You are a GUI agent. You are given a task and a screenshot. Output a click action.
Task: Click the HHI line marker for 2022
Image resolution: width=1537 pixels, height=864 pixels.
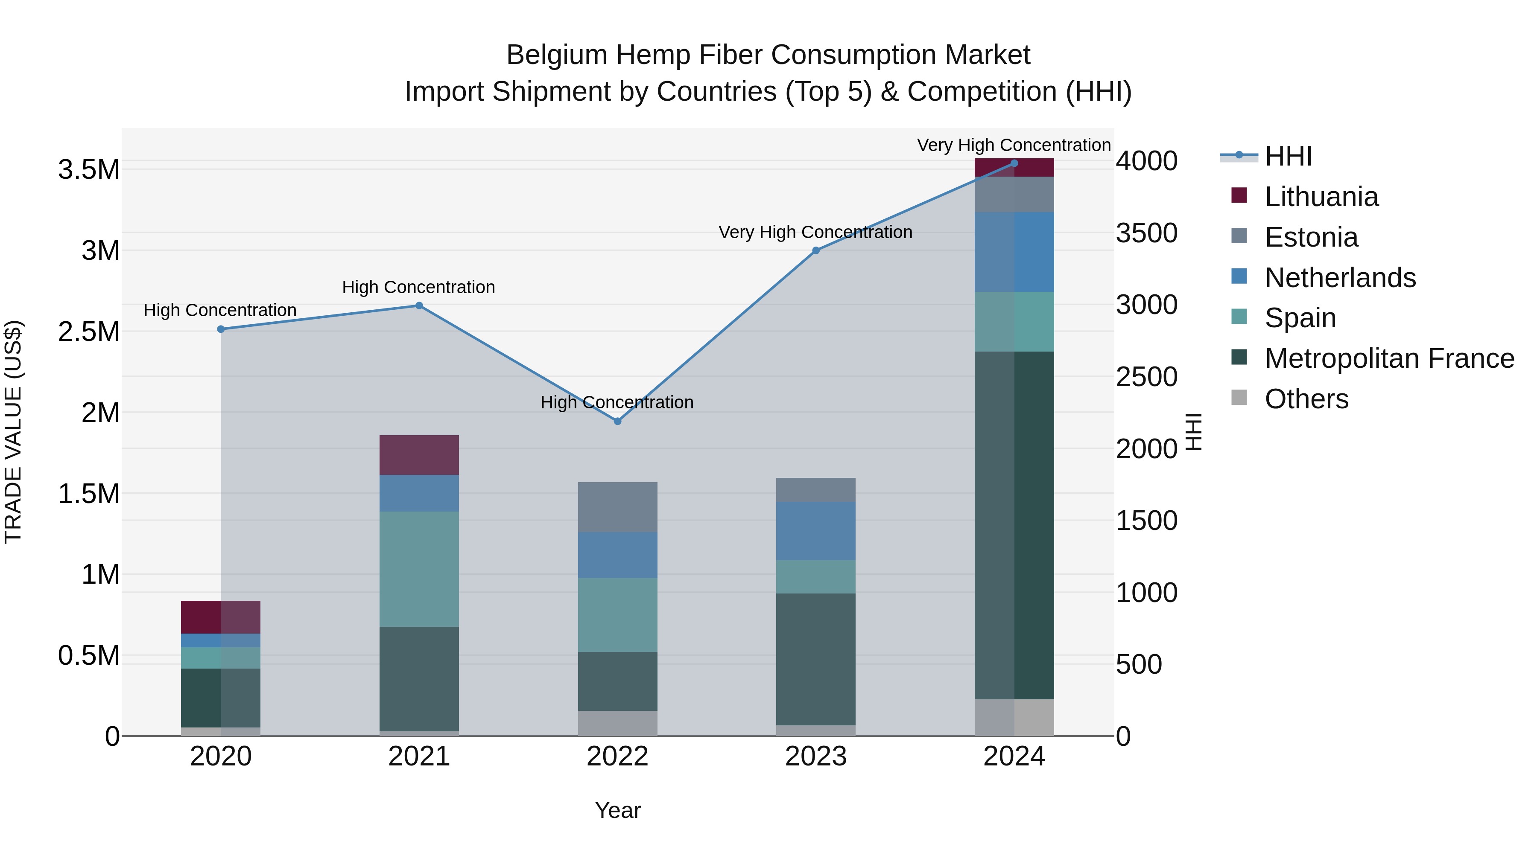[617, 421]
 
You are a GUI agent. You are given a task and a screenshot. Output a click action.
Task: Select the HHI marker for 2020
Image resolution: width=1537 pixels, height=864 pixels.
[221, 329]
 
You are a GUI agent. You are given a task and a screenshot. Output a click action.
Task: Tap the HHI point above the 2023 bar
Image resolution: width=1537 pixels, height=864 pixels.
[815, 250]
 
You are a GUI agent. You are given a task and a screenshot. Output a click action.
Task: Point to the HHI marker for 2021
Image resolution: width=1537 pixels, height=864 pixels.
[419, 305]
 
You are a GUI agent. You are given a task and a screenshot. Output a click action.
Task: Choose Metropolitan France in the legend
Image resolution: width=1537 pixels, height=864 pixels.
[1388, 358]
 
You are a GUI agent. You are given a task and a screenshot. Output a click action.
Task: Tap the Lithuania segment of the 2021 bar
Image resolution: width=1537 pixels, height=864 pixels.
[419, 455]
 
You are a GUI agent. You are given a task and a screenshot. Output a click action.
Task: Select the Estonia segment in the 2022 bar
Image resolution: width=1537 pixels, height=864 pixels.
[617, 507]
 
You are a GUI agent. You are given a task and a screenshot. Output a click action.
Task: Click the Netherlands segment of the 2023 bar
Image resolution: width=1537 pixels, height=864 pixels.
[815, 531]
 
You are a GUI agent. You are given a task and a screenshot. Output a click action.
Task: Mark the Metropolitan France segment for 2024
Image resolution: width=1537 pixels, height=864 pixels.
[1014, 525]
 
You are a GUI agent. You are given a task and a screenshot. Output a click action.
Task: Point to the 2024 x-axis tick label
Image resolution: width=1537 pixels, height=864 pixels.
[1014, 756]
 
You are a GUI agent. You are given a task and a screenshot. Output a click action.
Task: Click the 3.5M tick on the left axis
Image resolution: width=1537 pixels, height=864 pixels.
[89, 170]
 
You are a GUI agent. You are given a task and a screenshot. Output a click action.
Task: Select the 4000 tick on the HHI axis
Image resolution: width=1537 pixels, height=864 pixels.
[1146, 161]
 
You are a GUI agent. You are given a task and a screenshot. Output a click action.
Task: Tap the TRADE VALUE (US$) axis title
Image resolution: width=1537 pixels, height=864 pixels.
[13, 432]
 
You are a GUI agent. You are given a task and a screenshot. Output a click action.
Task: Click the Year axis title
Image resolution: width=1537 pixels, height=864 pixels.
[617, 810]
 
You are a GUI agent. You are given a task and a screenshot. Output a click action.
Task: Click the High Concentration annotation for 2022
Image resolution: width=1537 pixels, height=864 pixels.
[617, 402]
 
